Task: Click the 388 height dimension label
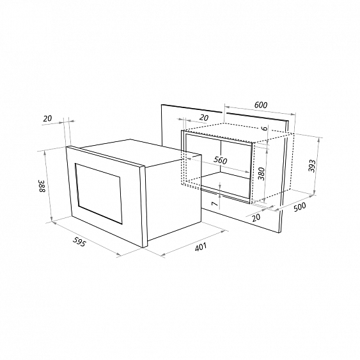(40, 187)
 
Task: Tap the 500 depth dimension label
(299, 207)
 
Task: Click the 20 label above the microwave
(47, 118)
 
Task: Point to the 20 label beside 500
(256, 217)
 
